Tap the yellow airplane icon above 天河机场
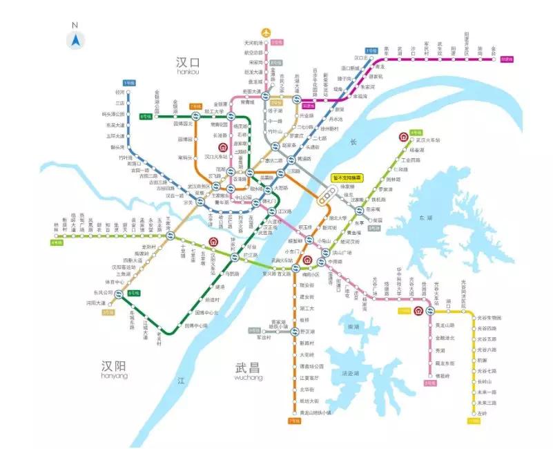(266, 32)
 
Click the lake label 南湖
(354, 326)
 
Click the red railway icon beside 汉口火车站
(223, 147)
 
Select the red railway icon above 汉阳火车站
(214, 242)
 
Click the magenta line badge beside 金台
(507, 59)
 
